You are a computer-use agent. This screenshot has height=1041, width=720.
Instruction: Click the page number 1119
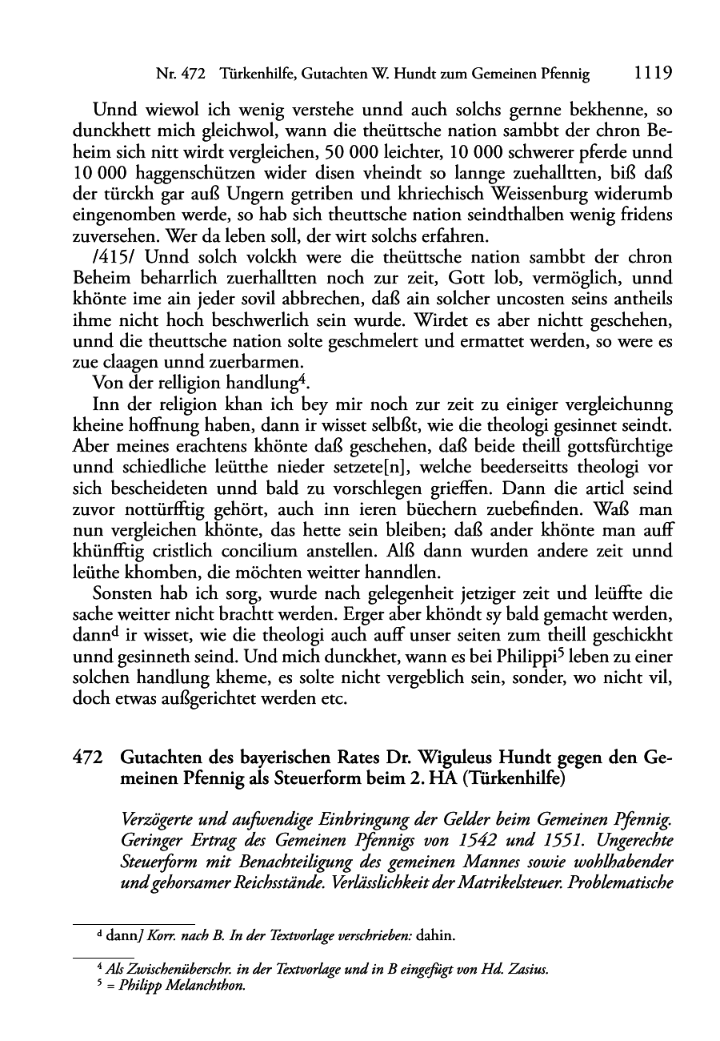click(x=652, y=74)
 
